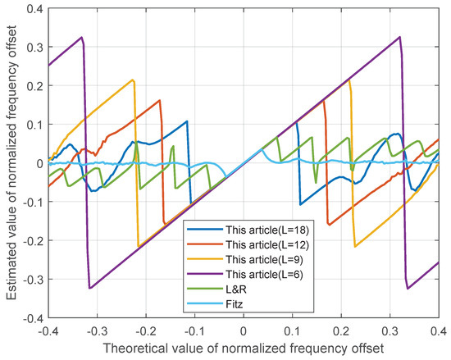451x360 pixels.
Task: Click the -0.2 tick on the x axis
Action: point(144,329)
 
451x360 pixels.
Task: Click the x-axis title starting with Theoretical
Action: point(244,347)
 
